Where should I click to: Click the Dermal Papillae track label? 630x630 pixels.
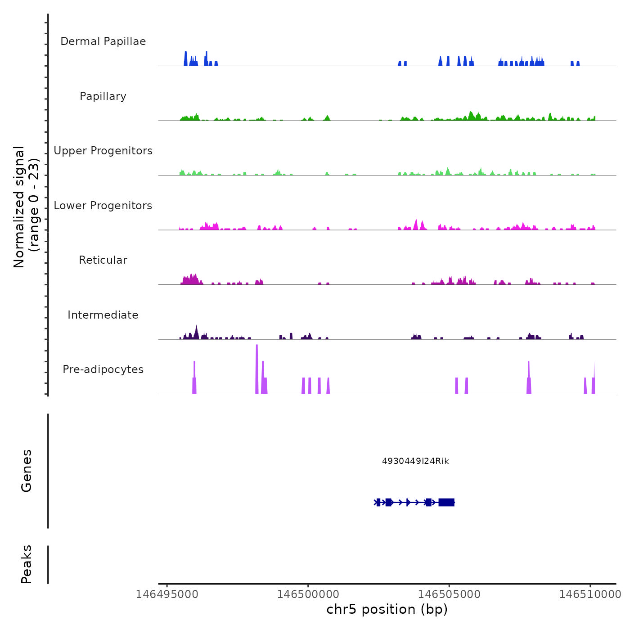click(x=103, y=41)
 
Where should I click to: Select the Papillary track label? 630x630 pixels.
click(x=103, y=96)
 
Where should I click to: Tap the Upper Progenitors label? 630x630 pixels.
click(x=103, y=151)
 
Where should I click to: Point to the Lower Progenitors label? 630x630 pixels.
click(x=103, y=206)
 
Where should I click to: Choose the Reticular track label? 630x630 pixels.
click(x=103, y=260)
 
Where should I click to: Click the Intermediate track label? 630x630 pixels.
click(x=103, y=315)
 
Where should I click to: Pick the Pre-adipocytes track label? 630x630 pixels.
click(x=103, y=369)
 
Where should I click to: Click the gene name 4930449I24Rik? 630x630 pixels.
click(x=415, y=461)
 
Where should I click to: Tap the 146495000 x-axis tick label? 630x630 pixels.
click(x=167, y=594)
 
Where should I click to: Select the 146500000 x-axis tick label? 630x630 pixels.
click(x=308, y=594)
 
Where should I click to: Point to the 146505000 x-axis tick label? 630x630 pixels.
click(x=449, y=594)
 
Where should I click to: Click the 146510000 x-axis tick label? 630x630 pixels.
click(x=590, y=594)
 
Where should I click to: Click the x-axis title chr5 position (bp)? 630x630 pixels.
click(x=387, y=609)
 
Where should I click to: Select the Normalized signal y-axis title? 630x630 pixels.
click(x=26, y=207)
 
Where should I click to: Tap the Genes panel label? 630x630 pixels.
click(x=27, y=471)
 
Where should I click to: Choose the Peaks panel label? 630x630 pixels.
click(x=27, y=564)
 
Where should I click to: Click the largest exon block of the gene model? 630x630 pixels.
click(x=446, y=502)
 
